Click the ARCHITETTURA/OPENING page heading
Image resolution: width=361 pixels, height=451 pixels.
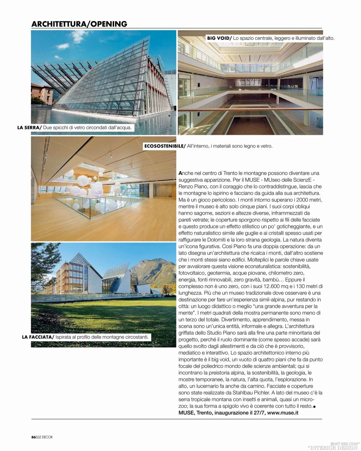click(79, 24)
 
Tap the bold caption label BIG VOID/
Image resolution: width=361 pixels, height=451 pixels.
click(219, 38)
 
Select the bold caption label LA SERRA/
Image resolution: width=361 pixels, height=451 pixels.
click(30, 128)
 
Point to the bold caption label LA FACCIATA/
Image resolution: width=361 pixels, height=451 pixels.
click(38, 337)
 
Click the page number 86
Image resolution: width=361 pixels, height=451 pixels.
click(33, 437)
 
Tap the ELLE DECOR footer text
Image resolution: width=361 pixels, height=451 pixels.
click(44, 437)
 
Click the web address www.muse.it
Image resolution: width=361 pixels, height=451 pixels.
click(283, 413)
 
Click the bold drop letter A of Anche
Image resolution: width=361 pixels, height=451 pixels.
click(180, 173)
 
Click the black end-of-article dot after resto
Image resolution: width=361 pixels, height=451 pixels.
click(314, 407)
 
